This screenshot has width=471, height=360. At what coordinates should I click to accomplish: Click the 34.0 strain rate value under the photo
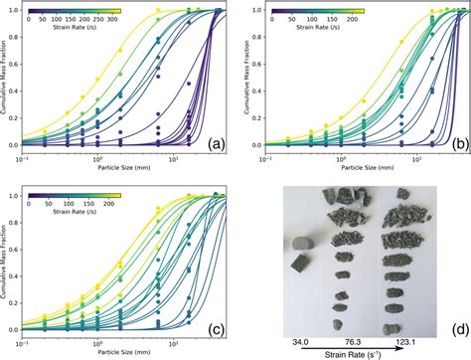(299, 342)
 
